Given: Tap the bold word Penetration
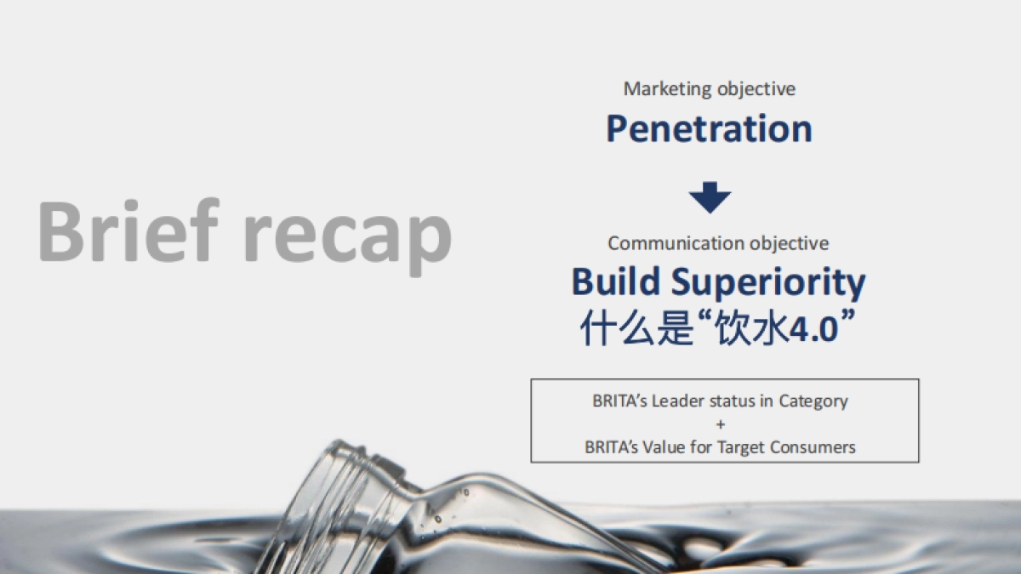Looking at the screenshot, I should [709, 129].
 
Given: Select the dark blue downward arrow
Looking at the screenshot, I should [710, 197].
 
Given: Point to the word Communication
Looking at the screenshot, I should [676, 243].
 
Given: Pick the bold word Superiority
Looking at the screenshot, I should [767, 284].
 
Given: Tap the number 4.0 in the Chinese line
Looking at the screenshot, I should [813, 328].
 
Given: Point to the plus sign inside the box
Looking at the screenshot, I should [721, 423].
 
